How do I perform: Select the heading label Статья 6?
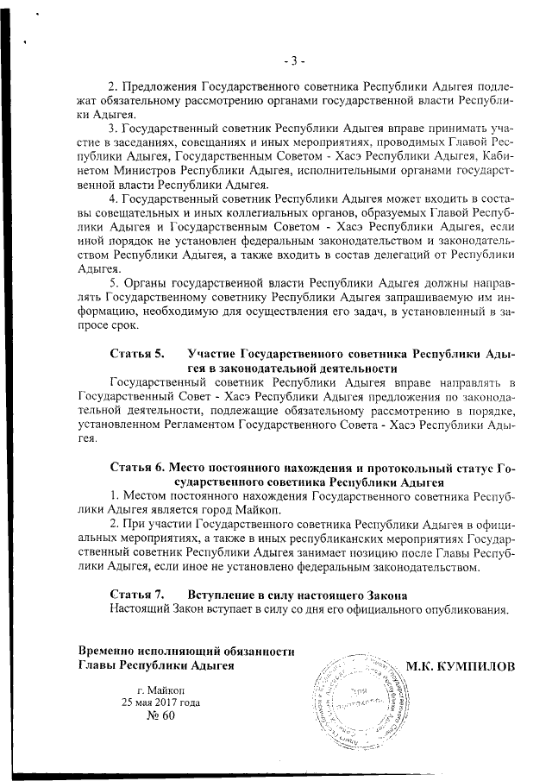click(x=137, y=467)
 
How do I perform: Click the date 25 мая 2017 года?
click(x=160, y=702)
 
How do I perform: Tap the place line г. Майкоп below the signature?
click(x=160, y=689)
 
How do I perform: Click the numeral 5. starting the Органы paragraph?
click(x=116, y=283)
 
